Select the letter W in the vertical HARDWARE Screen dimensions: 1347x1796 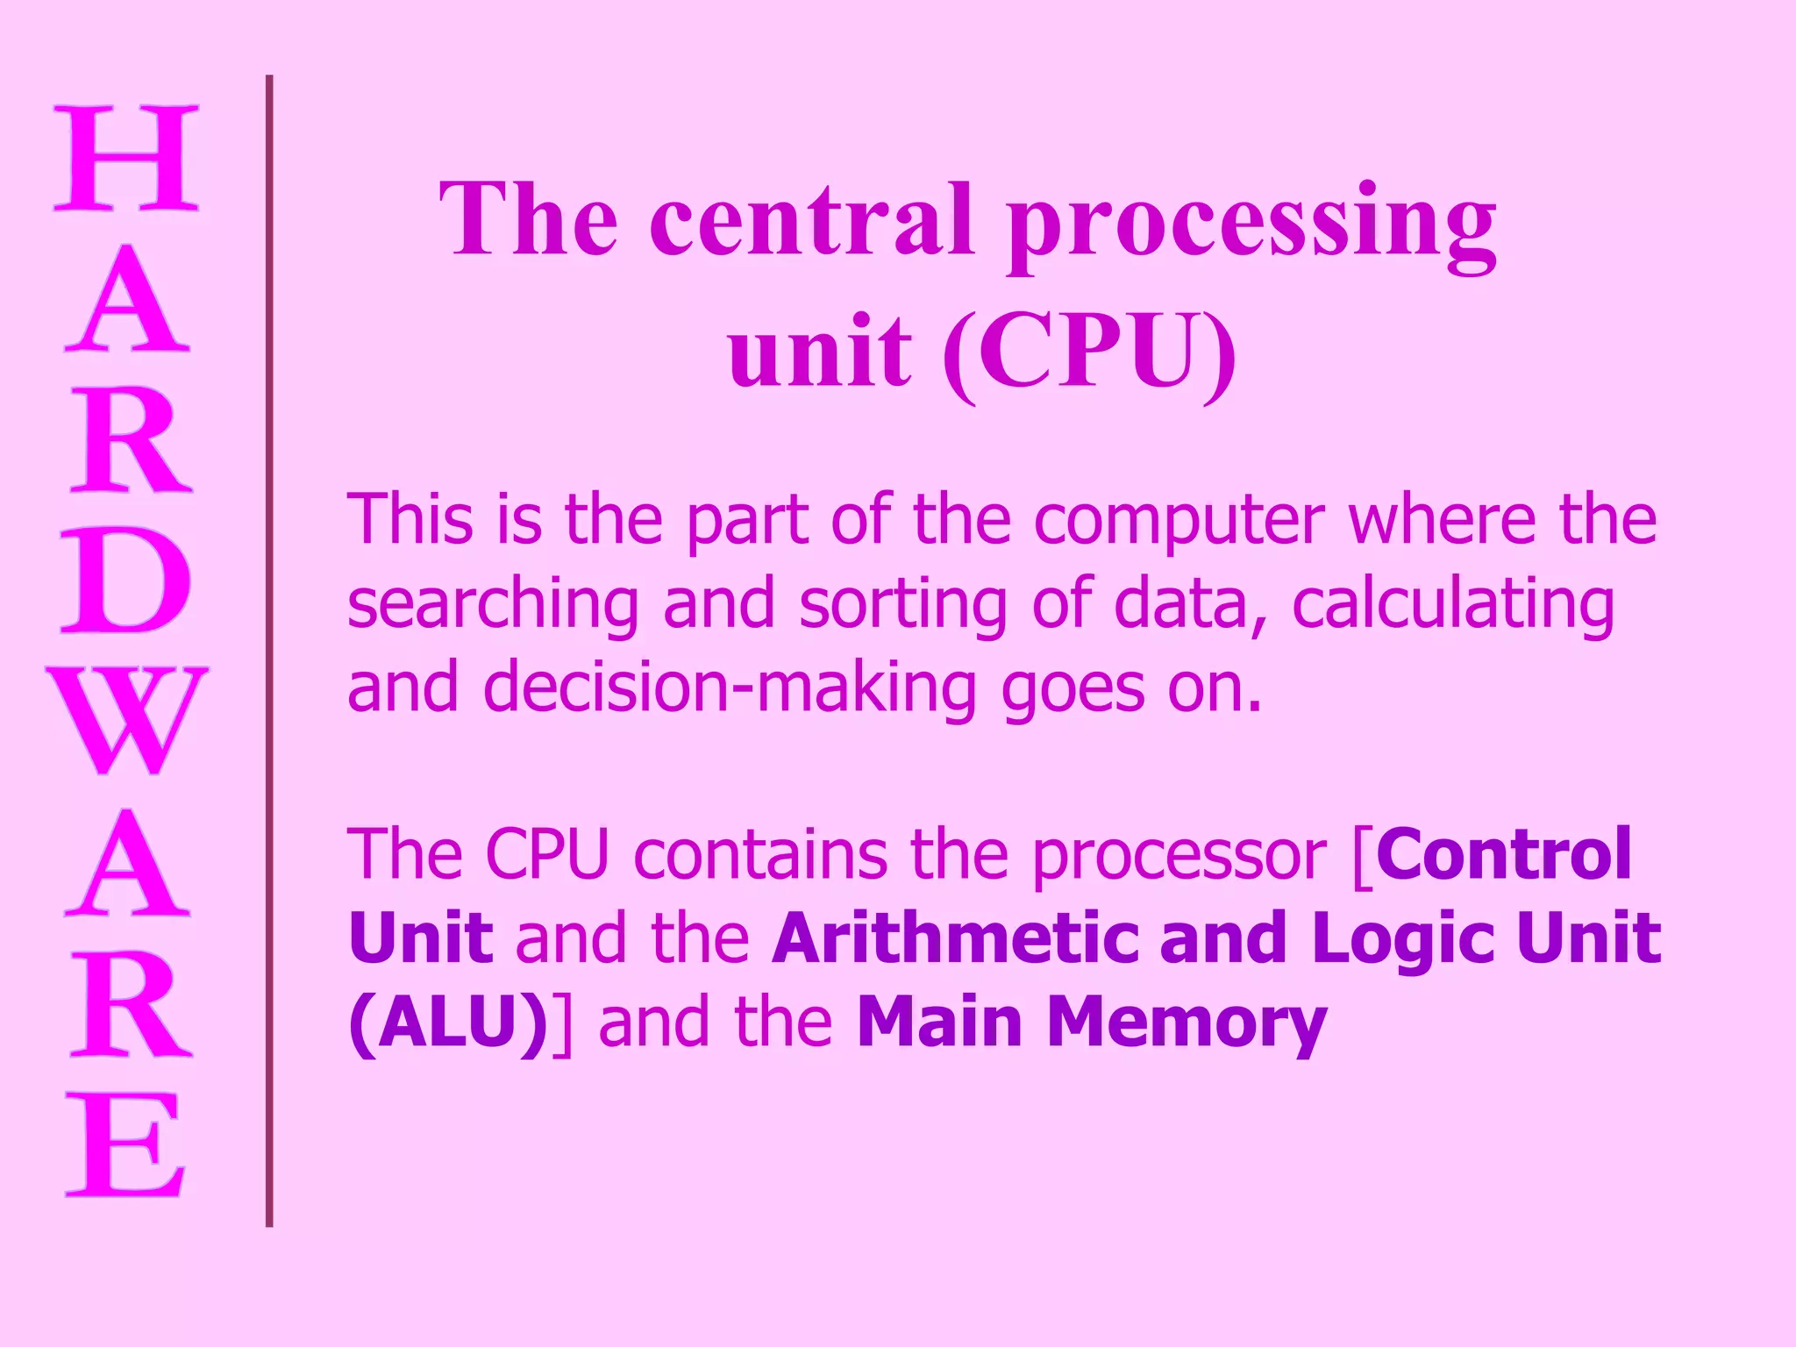[126, 720]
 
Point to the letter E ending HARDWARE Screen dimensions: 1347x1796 [126, 1144]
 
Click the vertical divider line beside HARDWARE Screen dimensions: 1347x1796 [269, 649]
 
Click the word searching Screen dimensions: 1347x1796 [493, 606]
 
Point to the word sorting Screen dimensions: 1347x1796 [902, 606]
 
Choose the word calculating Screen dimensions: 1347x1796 [1452, 606]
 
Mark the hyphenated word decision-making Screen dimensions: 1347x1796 [730, 689]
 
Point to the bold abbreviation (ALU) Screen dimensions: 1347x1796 [449, 1023]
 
